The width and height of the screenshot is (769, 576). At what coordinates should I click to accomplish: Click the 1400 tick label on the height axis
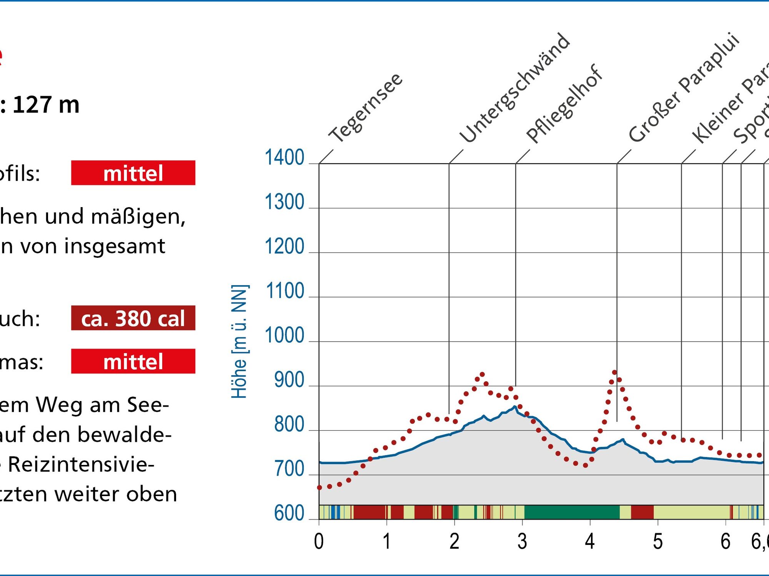(284, 158)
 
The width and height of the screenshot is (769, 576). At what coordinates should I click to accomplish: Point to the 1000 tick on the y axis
(284, 335)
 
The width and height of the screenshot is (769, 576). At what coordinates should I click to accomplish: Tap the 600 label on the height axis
(289, 513)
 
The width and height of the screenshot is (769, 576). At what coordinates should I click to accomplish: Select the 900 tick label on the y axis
(289, 380)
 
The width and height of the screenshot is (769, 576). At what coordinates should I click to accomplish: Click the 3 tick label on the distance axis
(522, 542)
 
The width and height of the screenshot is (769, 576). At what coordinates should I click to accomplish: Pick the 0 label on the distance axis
(319, 542)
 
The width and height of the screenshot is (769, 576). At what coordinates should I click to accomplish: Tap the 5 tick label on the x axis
(658, 542)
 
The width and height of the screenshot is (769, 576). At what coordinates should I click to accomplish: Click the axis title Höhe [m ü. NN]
(239, 341)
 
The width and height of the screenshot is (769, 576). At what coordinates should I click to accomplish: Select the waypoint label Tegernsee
(366, 108)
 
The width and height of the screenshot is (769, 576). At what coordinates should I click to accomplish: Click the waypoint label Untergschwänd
(515, 88)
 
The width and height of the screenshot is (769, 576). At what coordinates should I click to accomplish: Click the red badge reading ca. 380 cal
(133, 318)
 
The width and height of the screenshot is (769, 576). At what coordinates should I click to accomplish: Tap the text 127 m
(46, 105)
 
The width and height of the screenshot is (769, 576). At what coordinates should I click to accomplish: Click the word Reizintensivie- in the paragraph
(81, 464)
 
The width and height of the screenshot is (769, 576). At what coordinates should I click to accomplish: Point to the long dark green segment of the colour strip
(572, 512)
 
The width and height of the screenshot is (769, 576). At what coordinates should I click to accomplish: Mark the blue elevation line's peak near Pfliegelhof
(514, 407)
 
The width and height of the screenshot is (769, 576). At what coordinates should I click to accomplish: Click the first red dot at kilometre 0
(319, 488)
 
